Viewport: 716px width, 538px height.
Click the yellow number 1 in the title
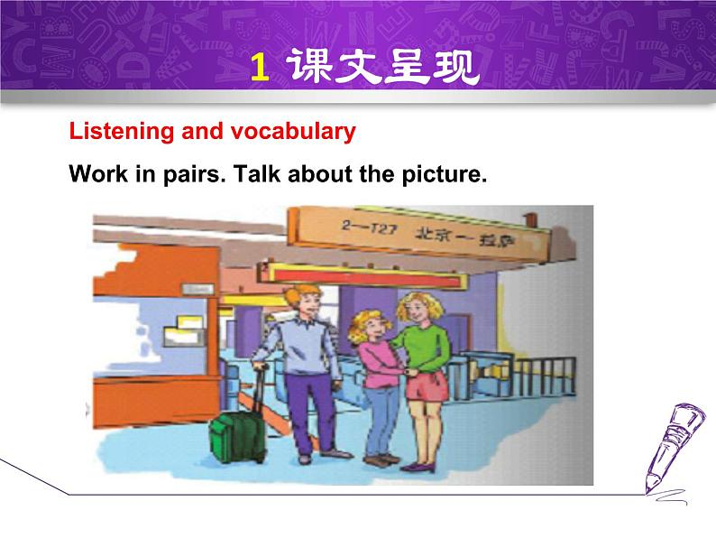click(x=259, y=68)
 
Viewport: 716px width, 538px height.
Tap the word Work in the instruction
click(x=95, y=174)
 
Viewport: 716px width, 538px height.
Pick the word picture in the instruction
click(x=443, y=175)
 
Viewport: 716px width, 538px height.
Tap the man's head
click(x=301, y=304)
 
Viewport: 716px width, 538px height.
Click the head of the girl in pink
click(x=372, y=326)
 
